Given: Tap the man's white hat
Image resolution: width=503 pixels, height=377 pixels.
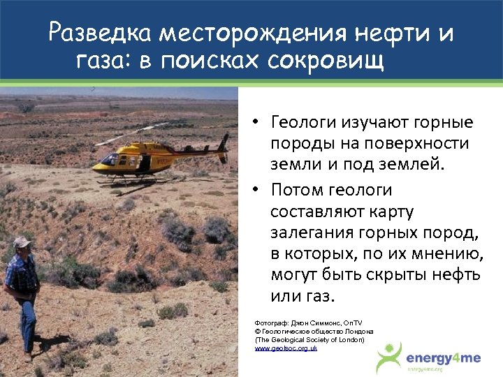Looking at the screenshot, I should (x=23, y=242).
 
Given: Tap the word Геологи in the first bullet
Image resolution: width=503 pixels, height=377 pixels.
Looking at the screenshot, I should (x=303, y=123).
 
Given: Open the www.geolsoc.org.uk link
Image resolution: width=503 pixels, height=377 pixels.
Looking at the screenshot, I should (x=285, y=347).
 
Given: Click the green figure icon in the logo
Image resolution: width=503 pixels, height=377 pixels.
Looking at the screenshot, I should (x=389, y=357).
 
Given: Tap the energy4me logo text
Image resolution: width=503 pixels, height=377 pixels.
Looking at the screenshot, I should (x=444, y=357).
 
